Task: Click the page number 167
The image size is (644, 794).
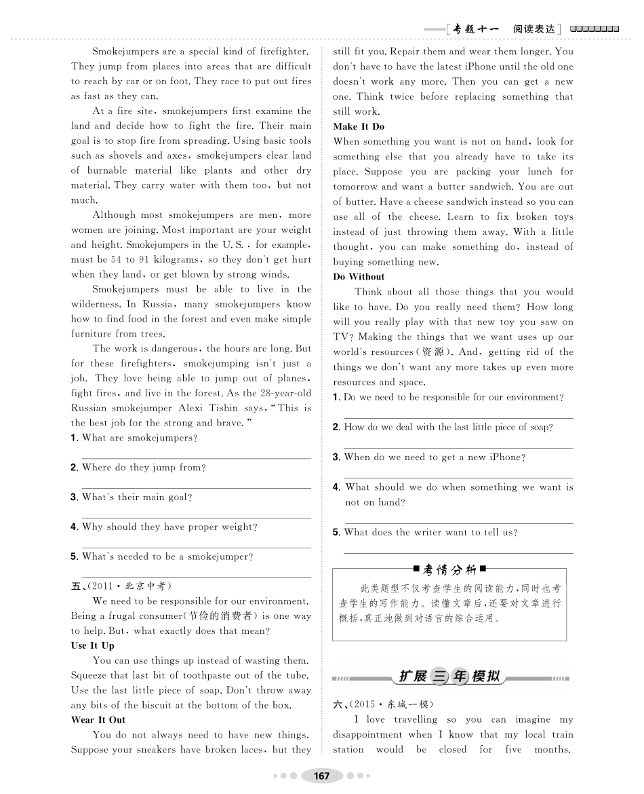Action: (x=322, y=776)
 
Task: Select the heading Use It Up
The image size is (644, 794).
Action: (x=93, y=645)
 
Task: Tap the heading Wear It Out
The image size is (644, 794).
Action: (x=98, y=719)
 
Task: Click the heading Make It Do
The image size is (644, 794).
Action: (x=359, y=126)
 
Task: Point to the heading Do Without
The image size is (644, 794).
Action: (x=359, y=276)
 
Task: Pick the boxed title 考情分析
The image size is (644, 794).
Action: (x=449, y=568)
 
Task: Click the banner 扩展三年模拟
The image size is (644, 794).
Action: (x=449, y=677)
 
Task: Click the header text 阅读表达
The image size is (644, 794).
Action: (x=534, y=29)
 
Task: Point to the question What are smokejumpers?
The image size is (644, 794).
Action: (x=140, y=438)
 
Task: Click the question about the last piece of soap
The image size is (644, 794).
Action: (x=448, y=427)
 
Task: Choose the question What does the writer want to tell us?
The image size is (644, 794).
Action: (x=430, y=532)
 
